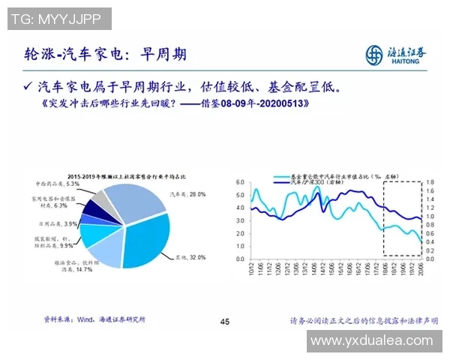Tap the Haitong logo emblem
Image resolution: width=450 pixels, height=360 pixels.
click(x=374, y=54)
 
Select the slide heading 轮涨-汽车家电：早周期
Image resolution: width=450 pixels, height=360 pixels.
click(x=105, y=54)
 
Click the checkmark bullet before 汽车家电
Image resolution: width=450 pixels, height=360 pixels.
click(x=28, y=86)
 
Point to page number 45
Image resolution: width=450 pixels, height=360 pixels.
click(x=224, y=322)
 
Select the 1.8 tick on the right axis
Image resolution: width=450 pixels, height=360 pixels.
click(x=430, y=182)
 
